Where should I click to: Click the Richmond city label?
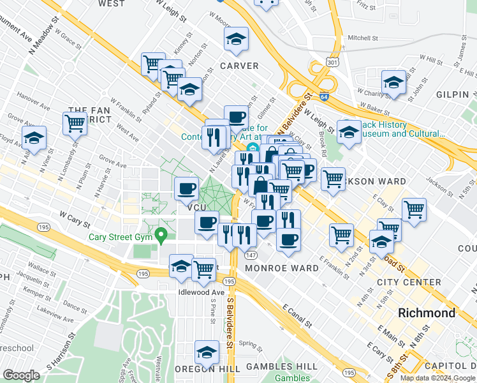[427, 313]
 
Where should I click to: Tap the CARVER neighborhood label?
[239, 66]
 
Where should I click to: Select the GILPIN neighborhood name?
[453, 94]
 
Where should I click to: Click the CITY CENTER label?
[409, 282]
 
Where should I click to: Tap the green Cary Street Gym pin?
[162, 236]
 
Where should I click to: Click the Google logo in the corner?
[22, 375]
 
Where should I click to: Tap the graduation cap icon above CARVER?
[236, 40]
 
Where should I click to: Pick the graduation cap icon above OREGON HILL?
[207, 352]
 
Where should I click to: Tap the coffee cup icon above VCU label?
[186, 188]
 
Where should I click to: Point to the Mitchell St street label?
[363, 38]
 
